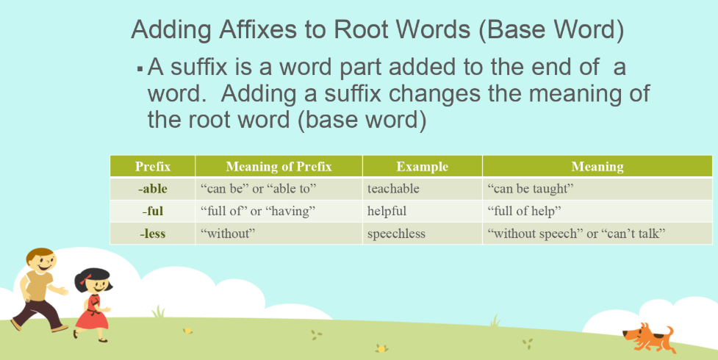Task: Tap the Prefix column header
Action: [x=153, y=167]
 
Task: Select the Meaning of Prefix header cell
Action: [x=279, y=167]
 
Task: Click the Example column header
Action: [x=422, y=167]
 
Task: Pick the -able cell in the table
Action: [x=153, y=189]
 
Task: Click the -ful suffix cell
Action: [x=153, y=212]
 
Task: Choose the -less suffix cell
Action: [x=153, y=234]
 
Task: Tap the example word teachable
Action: [x=393, y=189]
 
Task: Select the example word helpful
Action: [x=387, y=212]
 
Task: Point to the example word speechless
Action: [x=396, y=234]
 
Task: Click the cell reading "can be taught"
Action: [x=530, y=189]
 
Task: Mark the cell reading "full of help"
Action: [x=525, y=212]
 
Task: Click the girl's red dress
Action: [x=92, y=312]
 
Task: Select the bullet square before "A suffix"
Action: [x=139, y=69]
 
